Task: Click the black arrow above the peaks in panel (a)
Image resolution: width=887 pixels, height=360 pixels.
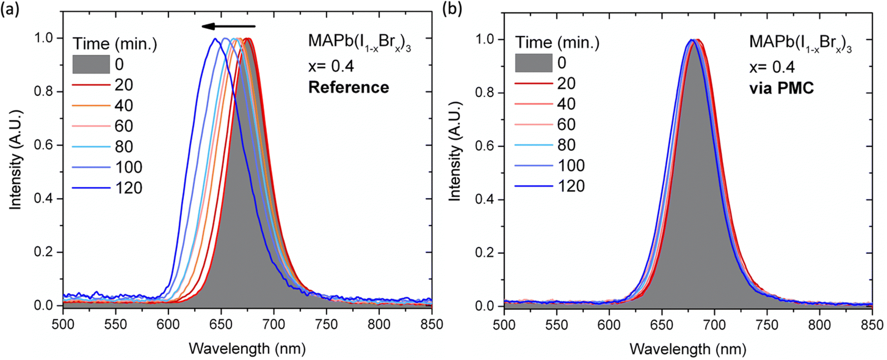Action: (x=228, y=26)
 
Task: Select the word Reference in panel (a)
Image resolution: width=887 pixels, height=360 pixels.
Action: (x=348, y=87)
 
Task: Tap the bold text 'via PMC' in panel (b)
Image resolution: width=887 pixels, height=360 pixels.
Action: (x=781, y=88)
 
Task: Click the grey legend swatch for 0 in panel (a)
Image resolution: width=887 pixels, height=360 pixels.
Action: (x=91, y=64)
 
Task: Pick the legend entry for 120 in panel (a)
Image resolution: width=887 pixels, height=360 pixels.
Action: (x=107, y=188)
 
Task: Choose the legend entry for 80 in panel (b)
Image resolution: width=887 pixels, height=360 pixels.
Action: (x=549, y=145)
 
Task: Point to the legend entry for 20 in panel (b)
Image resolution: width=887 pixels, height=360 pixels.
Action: (x=549, y=83)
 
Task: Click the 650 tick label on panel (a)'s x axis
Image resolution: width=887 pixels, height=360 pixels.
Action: (x=221, y=324)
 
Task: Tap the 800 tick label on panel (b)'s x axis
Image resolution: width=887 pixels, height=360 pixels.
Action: (x=819, y=325)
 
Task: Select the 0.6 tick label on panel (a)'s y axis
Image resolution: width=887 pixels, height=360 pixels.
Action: (x=43, y=145)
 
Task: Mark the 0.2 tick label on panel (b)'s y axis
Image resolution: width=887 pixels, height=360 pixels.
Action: (x=485, y=253)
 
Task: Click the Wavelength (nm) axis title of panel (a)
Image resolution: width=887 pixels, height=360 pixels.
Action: (x=247, y=348)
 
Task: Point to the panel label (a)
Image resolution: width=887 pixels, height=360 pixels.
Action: (x=10, y=9)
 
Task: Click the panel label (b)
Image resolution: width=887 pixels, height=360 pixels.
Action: (x=452, y=9)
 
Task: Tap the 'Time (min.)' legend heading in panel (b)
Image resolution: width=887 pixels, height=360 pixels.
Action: (x=557, y=42)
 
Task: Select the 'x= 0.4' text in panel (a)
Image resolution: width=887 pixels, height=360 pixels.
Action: (x=331, y=66)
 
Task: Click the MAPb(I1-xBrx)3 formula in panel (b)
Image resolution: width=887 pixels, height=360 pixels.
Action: (x=800, y=43)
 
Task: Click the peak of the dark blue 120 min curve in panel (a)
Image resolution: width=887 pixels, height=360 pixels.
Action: (x=215, y=39)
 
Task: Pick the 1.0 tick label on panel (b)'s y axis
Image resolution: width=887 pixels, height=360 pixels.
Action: (x=485, y=39)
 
